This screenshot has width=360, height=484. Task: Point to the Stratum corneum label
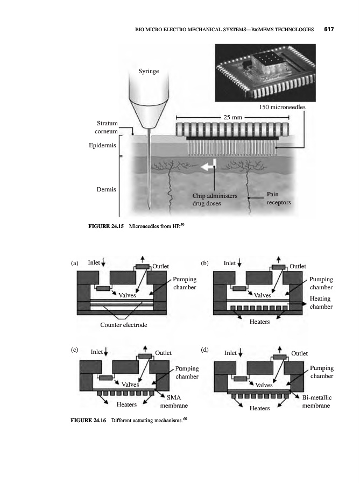coord(107,127)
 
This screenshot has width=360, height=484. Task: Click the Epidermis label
coord(102,146)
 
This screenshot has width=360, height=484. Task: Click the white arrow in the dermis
coord(208,168)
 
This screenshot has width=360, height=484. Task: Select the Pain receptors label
coord(278,198)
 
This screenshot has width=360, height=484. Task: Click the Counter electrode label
coord(123,325)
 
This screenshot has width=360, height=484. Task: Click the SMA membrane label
coord(174,401)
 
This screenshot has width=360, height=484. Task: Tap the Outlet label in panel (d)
coord(299,353)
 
